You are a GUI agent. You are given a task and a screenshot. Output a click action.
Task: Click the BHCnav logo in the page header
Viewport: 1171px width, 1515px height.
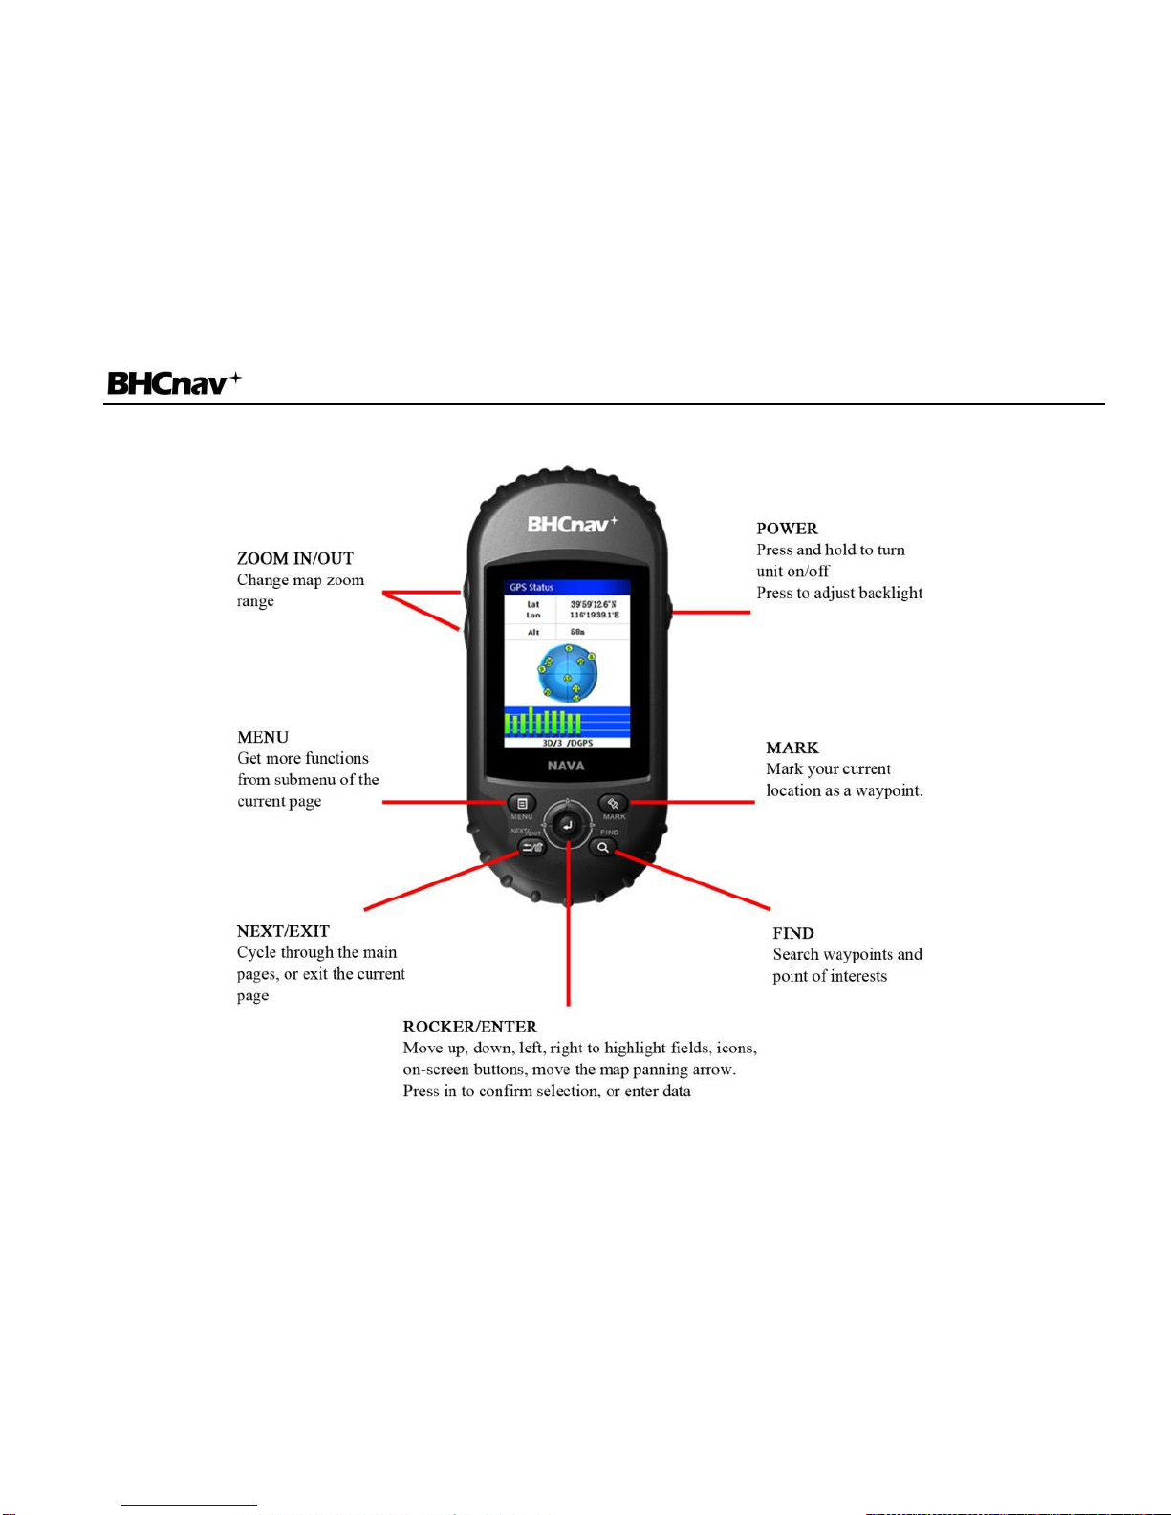click(x=173, y=383)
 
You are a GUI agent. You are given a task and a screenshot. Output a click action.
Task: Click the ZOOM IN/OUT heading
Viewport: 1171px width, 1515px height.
click(x=295, y=558)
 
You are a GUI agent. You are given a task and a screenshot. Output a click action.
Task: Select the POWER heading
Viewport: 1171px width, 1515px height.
click(x=787, y=529)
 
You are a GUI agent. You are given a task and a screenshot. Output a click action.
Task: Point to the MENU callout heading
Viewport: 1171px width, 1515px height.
click(x=263, y=737)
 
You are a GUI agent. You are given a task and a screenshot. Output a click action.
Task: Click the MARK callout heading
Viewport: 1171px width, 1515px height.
click(x=792, y=747)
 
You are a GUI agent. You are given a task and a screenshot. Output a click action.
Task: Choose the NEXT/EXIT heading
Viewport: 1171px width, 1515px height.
click(x=283, y=931)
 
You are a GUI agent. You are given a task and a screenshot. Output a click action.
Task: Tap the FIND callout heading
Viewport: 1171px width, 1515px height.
click(x=793, y=933)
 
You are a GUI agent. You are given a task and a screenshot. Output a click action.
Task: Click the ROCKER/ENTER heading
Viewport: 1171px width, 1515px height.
click(x=469, y=1027)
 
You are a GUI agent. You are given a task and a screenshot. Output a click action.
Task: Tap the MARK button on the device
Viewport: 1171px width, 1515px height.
click(x=613, y=803)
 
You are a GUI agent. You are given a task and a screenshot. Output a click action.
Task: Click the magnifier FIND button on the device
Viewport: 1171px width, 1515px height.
click(x=603, y=848)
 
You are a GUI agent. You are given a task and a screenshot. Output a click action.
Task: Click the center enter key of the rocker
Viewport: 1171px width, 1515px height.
click(x=567, y=825)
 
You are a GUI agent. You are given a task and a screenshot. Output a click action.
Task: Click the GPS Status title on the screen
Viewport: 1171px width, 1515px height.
click(x=531, y=587)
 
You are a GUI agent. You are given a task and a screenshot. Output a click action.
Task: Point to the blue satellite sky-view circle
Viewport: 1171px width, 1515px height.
click(x=568, y=673)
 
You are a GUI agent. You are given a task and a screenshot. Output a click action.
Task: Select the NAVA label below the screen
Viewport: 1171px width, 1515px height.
click(x=566, y=766)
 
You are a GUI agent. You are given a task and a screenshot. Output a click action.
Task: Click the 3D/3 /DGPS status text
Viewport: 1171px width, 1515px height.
click(x=567, y=743)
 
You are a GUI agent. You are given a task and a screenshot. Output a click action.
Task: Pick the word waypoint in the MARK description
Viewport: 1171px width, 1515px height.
click(x=889, y=790)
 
